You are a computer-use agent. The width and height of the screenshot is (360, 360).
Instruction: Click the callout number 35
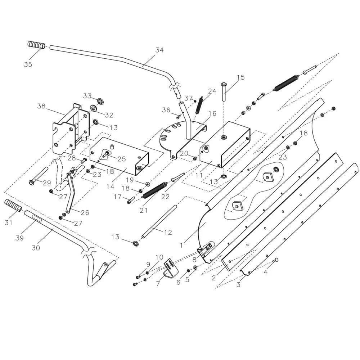(28, 64)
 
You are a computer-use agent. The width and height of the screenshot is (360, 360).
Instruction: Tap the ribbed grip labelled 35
(36, 46)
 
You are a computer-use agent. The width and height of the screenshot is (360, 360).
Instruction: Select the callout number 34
(159, 50)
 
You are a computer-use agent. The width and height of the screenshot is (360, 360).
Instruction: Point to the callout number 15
(240, 77)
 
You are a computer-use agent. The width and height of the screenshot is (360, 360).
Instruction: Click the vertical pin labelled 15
(224, 92)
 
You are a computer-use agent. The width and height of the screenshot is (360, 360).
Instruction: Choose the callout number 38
(41, 106)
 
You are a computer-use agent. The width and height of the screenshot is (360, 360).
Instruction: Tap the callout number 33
(87, 96)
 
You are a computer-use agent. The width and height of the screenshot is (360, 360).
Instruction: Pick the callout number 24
(212, 91)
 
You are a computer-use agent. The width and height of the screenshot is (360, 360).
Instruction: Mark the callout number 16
(212, 114)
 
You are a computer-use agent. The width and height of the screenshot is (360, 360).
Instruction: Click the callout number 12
(168, 233)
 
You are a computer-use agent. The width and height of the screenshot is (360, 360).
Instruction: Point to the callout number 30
(36, 248)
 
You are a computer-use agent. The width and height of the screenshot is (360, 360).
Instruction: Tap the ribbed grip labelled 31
(13, 206)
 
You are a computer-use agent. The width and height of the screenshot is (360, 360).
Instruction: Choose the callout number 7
(157, 284)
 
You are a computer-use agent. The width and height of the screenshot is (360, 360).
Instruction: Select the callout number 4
(266, 272)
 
